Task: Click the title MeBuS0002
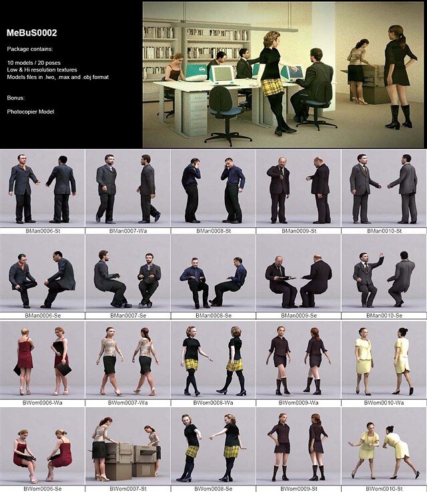click(32, 33)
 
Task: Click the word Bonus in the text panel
click(16, 97)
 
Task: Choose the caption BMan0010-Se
click(384, 316)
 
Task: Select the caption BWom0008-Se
click(213, 488)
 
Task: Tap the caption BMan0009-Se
click(298, 316)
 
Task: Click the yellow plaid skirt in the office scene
click(273, 87)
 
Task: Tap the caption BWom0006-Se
click(42, 488)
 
